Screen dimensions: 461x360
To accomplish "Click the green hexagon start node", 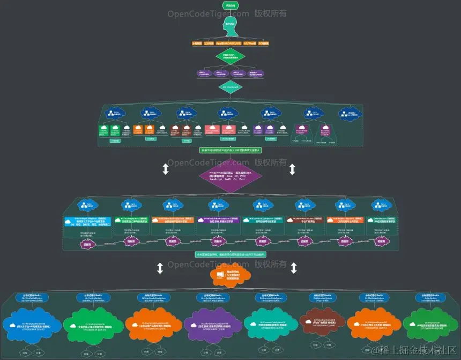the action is tap(230, 5).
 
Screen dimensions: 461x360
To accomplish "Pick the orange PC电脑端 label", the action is tap(264, 43).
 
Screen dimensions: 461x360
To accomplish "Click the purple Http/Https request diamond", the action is tap(230, 178).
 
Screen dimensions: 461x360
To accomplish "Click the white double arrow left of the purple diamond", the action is tap(166, 169).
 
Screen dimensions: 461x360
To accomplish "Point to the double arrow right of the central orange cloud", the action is tap(293, 268).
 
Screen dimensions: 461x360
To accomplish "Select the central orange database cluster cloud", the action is tap(230, 276).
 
